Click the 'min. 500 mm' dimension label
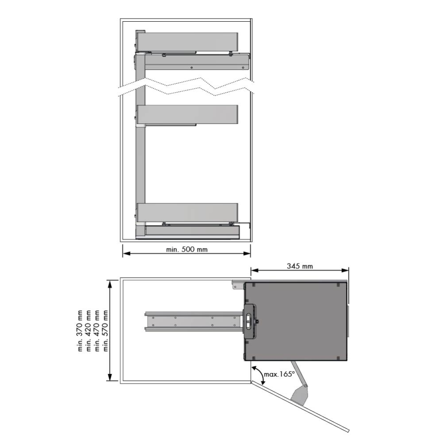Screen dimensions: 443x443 point(187,249)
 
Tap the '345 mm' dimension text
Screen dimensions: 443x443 point(300,266)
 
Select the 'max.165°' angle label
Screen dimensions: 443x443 point(279,374)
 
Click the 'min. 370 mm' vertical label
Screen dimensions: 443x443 point(80,330)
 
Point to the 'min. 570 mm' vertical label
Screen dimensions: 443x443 point(106,330)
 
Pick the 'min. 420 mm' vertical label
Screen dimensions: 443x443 point(89,330)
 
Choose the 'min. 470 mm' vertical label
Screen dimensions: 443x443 point(97,330)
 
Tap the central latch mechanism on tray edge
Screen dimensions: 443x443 point(250,320)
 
